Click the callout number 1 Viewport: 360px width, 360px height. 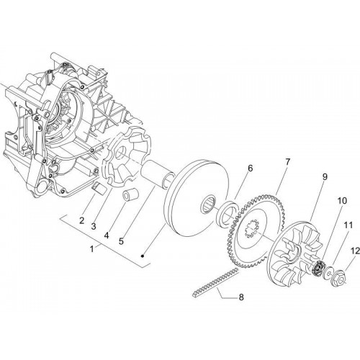(x=92, y=249)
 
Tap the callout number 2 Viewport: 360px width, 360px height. (x=82, y=220)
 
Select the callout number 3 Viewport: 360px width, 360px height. (x=94, y=226)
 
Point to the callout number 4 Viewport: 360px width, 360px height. (x=107, y=235)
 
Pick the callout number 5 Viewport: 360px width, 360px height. (x=121, y=241)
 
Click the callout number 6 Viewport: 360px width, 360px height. (x=250, y=168)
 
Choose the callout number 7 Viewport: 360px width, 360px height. (x=287, y=161)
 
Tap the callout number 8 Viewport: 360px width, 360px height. (x=240, y=297)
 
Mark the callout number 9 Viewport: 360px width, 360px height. (x=325, y=177)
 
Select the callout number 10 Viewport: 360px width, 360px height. (x=342, y=200)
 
